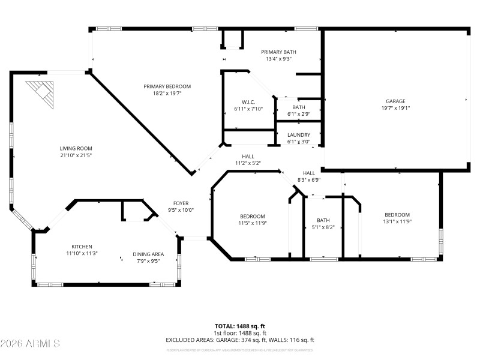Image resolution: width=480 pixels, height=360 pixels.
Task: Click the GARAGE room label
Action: coord(395,101)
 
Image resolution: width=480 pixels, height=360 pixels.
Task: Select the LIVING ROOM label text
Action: coord(76,148)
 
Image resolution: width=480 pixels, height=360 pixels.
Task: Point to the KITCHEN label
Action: coord(82,247)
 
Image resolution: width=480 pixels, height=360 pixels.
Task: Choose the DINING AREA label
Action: coord(148,254)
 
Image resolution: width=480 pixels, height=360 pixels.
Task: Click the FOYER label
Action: coord(181,203)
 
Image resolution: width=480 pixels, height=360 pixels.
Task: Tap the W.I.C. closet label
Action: coord(248,101)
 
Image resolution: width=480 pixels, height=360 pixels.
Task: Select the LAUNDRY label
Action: coord(299,135)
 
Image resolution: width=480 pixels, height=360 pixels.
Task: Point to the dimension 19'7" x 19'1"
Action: coord(395,108)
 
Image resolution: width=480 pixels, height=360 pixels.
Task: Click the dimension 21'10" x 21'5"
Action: coord(76,155)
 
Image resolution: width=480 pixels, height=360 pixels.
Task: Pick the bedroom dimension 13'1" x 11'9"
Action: coord(397,222)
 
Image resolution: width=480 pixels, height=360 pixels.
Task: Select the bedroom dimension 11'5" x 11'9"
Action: coord(253,223)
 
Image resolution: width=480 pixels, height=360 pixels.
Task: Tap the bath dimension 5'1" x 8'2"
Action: coord(323,227)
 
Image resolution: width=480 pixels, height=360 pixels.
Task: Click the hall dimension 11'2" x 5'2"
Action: coord(248,163)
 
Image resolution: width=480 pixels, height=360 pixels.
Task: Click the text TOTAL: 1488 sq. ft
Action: coord(240,326)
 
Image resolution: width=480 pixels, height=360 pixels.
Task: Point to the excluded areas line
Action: coord(240,340)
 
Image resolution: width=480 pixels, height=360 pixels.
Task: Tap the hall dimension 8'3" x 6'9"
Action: coord(308,179)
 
